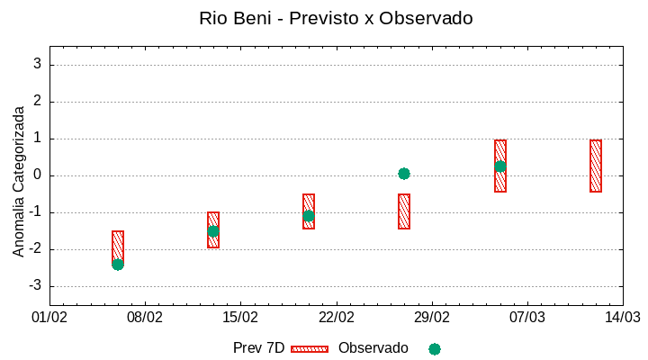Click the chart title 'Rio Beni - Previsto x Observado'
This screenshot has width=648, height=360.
(336, 18)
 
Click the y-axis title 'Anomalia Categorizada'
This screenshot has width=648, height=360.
(19, 181)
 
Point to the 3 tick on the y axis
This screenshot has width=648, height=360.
(38, 65)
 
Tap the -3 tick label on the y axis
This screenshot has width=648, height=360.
(34, 286)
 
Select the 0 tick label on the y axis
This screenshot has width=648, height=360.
(38, 175)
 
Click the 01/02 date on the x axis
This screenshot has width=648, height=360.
(49, 318)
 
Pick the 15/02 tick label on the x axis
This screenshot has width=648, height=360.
(240, 318)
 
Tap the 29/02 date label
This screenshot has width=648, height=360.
(431, 318)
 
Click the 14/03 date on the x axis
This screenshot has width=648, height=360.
(623, 318)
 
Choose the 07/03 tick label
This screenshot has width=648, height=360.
(527, 318)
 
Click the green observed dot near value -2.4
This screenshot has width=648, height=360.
(118, 265)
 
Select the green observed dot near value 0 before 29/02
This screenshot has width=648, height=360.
(404, 174)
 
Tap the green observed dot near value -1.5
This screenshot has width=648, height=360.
(213, 231)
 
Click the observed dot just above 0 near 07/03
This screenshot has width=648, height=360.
(500, 166)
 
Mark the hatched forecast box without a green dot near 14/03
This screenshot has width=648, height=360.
(596, 166)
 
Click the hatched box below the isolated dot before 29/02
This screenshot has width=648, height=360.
(404, 211)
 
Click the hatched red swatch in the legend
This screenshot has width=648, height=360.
(310, 348)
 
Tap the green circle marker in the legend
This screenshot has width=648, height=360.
(435, 348)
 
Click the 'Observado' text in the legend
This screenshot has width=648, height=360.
(373, 348)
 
